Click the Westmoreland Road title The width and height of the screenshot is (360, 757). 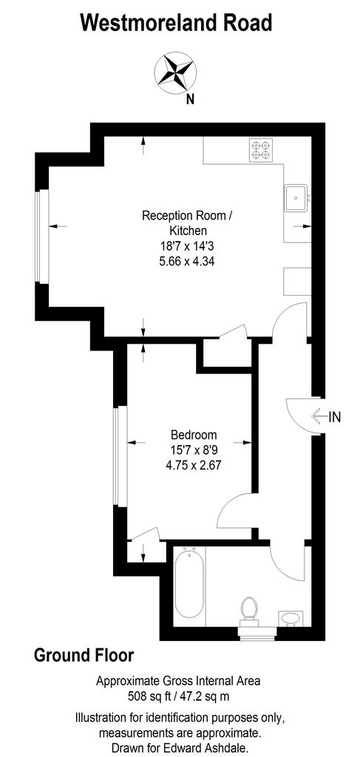click(176, 23)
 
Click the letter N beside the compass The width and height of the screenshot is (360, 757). click(191, 101)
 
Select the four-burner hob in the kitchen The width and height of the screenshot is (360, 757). click(261, 149)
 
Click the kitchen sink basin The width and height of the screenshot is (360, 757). click(296, 197)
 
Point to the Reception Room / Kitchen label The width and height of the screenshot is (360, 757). click(187, 223)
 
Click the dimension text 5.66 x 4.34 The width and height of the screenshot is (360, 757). click(187, 262)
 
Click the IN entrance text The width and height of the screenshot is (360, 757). click(334, 417)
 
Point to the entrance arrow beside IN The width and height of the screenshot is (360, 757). click(319, 416)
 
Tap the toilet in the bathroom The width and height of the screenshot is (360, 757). click(249, 609)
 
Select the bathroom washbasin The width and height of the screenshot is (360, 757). click(291, 619)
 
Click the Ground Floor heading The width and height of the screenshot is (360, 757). click(84, 656)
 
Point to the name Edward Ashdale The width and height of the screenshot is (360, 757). click(220, 748)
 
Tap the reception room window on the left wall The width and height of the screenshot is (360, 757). click(42, 237)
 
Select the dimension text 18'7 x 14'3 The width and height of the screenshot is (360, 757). click(187, 246)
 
